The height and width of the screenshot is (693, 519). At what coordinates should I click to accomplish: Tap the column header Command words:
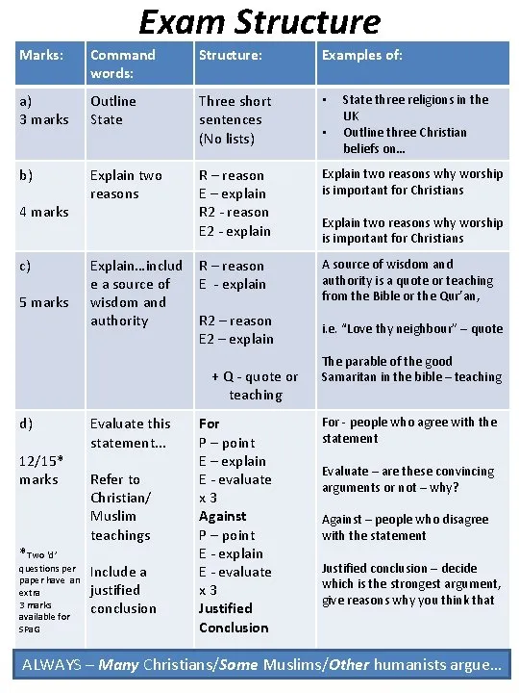(122, 64)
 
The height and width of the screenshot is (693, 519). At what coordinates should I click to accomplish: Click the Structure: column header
(230, 55)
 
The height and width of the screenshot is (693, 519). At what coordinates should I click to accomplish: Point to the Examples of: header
(362, 55)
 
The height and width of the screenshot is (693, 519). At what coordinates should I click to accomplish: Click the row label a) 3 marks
(44, 110)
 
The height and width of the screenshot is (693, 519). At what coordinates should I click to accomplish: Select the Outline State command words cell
(112, 110)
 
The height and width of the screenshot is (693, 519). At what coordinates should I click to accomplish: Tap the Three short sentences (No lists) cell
(235, 119)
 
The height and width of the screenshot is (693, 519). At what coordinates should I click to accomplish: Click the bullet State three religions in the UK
(415, 107)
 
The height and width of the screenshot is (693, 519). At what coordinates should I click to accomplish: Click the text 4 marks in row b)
(44, 212)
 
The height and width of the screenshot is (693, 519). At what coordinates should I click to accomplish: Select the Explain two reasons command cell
(126, 185)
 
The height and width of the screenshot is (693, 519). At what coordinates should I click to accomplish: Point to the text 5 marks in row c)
(44, 302)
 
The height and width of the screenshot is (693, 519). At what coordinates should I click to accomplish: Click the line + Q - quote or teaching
(255, 385)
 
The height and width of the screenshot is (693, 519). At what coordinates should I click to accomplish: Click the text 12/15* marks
(40, 470)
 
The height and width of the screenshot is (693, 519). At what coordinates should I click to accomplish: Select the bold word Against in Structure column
(223, 516)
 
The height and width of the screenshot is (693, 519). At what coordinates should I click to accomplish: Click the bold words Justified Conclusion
(233, 618)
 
